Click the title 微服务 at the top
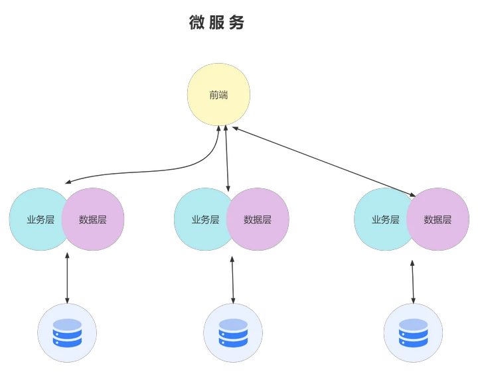(216, 23)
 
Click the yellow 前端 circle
(218, 94)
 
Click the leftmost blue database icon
(67, 333)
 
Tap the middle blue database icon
(233, 333)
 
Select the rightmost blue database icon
(414, 333)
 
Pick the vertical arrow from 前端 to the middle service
(227, 158)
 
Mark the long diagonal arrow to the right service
(324, 162)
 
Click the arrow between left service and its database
(67, 278)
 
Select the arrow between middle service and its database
(232, 280)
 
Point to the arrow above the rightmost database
(413, 282)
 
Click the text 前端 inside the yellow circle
(218, 95)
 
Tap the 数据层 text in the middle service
(258, 219)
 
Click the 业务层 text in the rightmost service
(385, 219)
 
